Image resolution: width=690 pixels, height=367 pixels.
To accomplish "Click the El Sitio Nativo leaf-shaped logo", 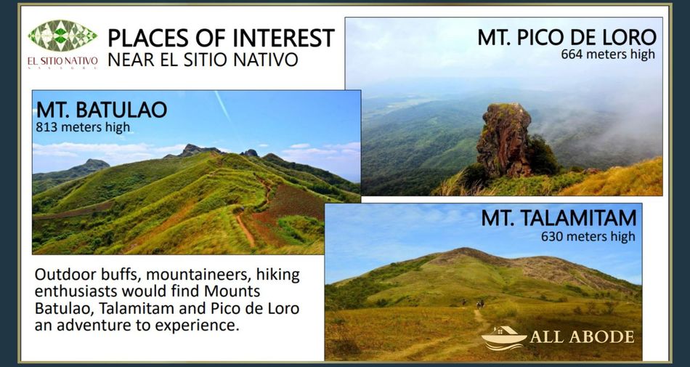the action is point(62,36).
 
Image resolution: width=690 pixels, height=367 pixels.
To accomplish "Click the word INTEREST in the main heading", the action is point(283,38).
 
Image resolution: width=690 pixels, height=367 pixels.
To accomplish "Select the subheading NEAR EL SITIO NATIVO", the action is point(203,60).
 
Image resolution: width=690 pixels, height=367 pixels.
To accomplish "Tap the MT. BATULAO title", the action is point(102,110).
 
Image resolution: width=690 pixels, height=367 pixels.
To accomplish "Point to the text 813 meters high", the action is point(83,127).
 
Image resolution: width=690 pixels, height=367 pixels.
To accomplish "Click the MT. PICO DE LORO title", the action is point(567,37).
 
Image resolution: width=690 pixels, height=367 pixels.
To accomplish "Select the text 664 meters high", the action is point(608,55).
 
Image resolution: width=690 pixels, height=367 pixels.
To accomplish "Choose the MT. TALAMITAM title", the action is point(559,218).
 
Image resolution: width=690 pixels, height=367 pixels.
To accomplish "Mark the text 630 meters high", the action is point(588,236).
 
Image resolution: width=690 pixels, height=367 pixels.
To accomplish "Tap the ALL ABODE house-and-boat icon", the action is point(504,338).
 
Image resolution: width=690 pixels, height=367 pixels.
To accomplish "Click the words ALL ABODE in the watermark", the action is point(583,337).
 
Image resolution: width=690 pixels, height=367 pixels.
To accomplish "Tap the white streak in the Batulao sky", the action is point(222,105).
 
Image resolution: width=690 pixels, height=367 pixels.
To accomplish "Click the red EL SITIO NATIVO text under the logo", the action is point(62,61).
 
